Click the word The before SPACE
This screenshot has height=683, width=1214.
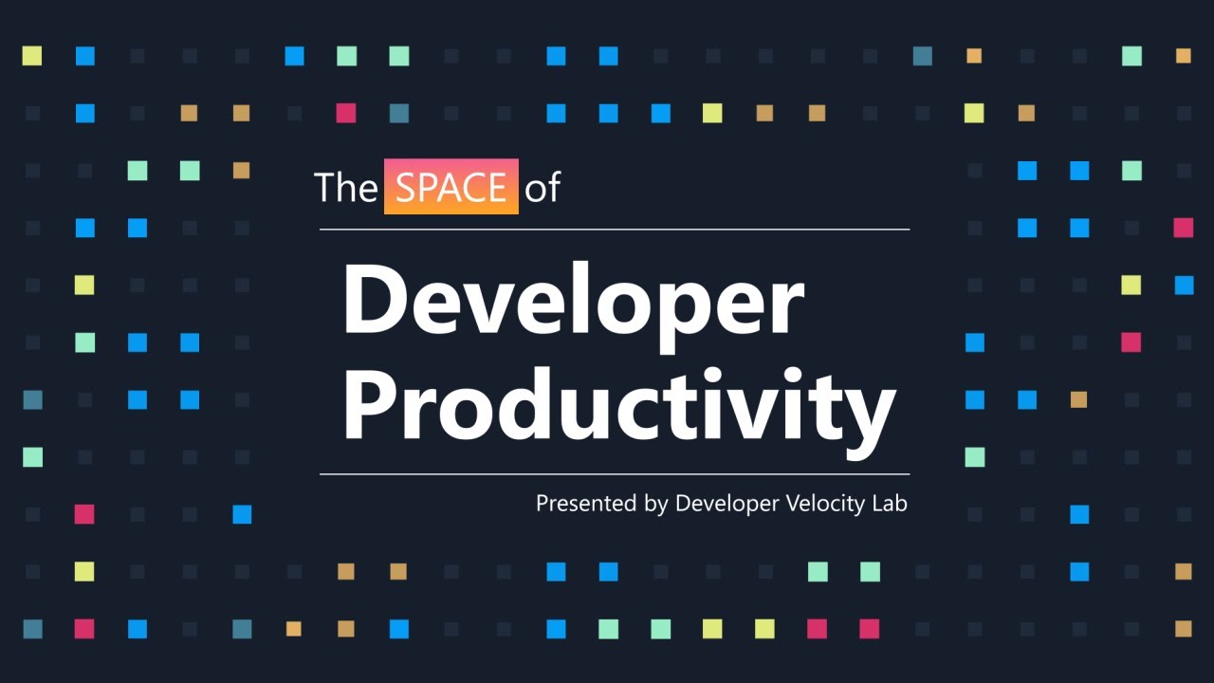(x=345, y=188)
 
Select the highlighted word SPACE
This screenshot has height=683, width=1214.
(x=451, y=187)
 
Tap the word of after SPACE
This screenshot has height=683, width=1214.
(x=543, y=188)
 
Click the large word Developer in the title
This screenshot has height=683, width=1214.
(x=573, y=300)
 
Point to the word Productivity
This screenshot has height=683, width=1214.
(x=618, y=406)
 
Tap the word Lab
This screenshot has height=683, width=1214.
(x=890, y=503)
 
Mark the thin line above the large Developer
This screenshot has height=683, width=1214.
(x=615, y=230)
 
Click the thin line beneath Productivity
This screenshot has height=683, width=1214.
(x=615, y=473)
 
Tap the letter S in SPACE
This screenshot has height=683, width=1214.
(x=405, y=188)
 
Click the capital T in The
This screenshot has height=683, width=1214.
(x=325, y=188)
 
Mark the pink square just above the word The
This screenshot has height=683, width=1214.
(x=346, y=113)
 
